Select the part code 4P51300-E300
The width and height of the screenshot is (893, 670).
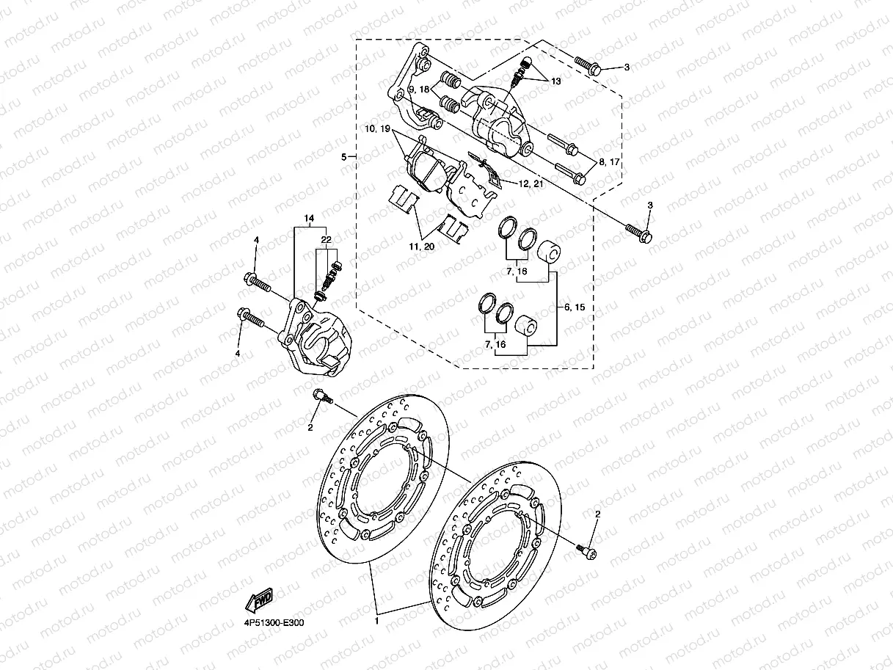274,622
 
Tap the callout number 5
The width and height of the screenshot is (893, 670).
343,157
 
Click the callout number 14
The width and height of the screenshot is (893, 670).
309,219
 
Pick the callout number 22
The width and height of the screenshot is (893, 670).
326,240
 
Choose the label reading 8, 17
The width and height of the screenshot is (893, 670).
609,161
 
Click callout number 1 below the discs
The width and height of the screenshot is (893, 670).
376,621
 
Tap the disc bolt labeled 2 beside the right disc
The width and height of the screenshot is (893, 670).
586,549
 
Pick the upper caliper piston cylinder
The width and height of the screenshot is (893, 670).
547,254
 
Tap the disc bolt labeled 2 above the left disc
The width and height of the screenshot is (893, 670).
321,397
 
